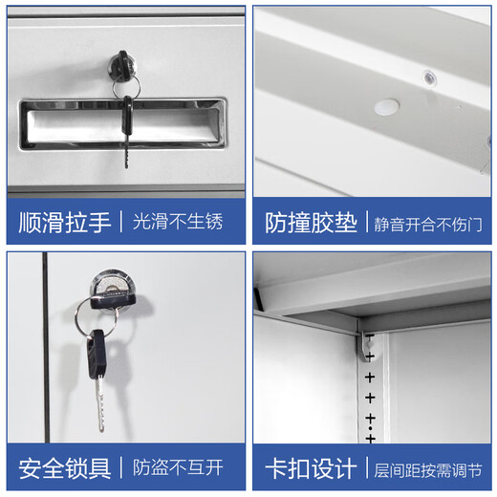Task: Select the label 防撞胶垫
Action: click(312, 223)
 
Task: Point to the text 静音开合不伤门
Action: click(428, 224)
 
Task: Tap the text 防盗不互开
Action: click(178, 468)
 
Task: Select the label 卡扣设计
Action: click(312, 468)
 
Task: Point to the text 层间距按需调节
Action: click(428, 469)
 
